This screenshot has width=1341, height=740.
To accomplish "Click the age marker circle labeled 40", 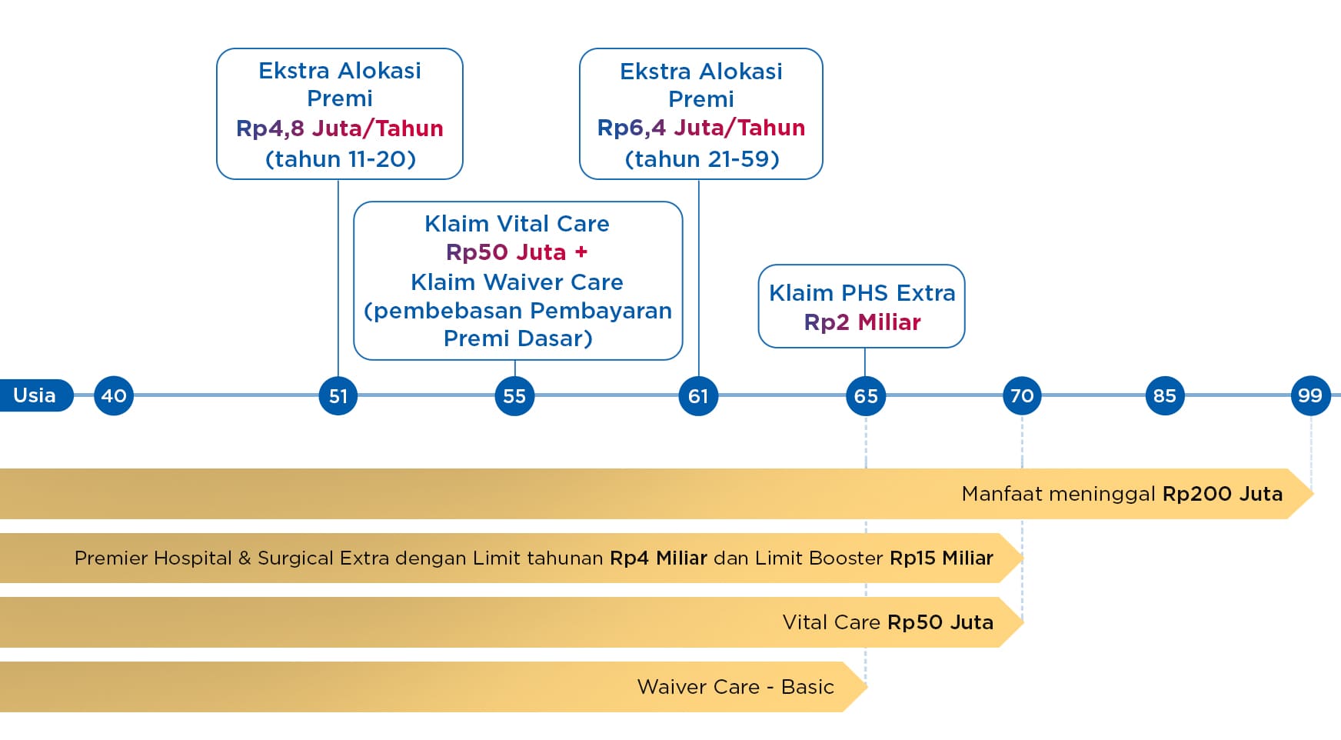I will [114, 396].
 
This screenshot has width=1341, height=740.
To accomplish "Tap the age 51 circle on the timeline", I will [338, 396].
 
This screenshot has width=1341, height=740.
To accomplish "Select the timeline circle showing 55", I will [514, 396].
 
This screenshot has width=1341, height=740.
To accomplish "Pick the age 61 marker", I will [698, 396].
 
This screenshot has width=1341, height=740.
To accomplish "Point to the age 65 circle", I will [866, 396].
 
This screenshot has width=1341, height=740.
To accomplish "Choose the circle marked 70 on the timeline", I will [1022, 396].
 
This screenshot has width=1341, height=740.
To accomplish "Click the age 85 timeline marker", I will [1165, 396].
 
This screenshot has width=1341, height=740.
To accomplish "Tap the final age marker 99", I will [1310, 396].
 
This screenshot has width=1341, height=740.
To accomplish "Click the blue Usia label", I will [35, 395].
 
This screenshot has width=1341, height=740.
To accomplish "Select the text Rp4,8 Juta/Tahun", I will [340, 128].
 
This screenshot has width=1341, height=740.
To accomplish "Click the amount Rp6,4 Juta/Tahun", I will [701, 128].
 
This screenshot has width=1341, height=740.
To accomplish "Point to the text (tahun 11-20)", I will [340, 159].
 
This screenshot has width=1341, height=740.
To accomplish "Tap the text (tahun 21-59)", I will [702, 159].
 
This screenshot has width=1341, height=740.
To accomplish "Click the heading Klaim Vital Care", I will [517, 224].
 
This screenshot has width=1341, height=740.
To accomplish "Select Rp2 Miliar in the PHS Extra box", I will [862, 322].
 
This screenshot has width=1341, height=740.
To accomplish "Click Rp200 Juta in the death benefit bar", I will [1222, 494].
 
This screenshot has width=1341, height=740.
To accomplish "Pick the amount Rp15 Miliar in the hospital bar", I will [941, 558].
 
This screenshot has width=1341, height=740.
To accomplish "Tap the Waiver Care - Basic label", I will [735, 687].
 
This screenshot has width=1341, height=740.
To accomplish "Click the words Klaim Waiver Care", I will [517, 282].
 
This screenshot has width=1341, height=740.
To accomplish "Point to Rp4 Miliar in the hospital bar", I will [658, 558].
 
